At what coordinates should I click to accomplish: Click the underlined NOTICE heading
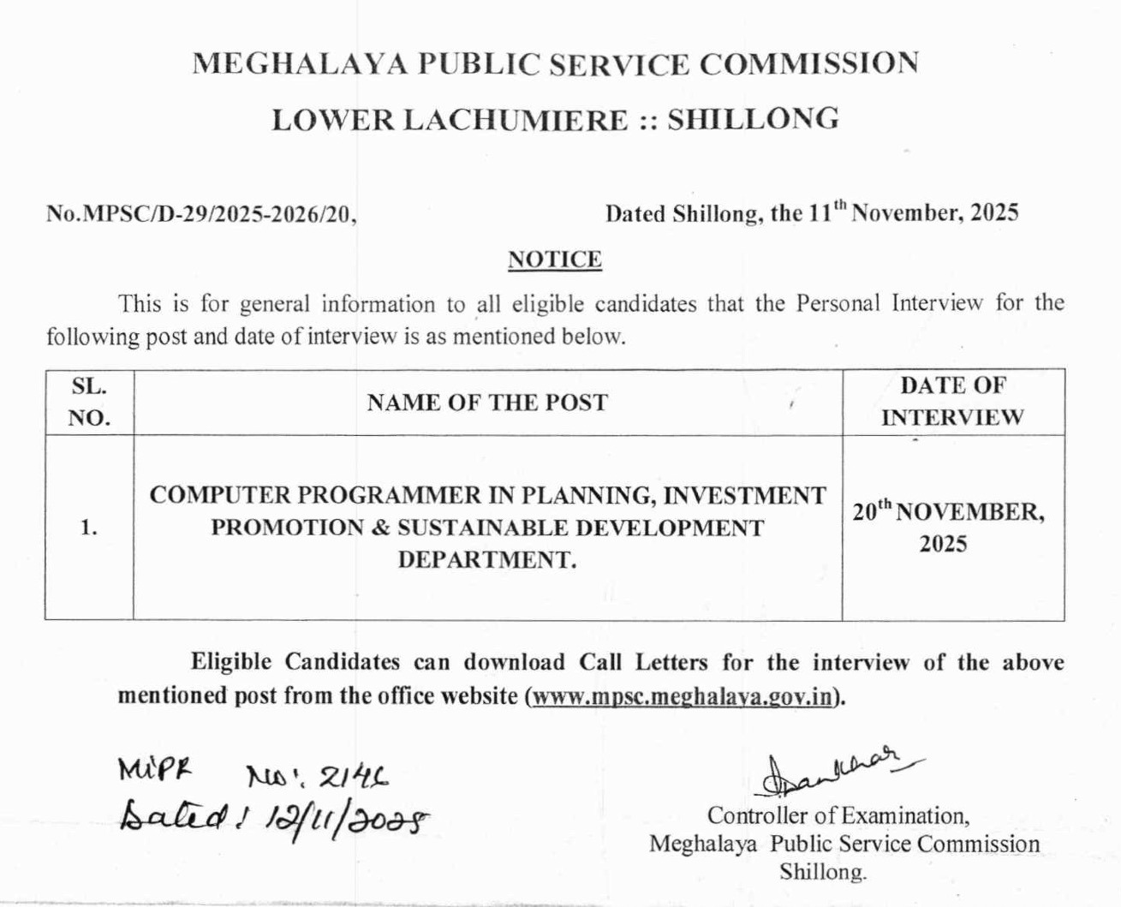[x=555, y=260]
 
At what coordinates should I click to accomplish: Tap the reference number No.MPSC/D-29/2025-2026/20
[x=201, y=214]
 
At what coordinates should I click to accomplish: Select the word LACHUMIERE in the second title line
[x=515, y=120]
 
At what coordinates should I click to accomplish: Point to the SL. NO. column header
[x=89, y=402]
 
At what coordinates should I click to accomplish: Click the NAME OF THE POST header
[x=487, y=403]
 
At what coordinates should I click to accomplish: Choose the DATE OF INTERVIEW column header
[x=952, y=402]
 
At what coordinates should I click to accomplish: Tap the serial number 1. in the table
[x=89, y=528]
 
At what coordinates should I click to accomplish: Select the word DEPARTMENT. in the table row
[x=487, y=560]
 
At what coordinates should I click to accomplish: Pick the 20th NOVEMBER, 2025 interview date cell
[x=948, y=527]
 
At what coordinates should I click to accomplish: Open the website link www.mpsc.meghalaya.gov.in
[x=682, y=695]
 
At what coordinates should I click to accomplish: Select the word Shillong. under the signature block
[x=822, y=872]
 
